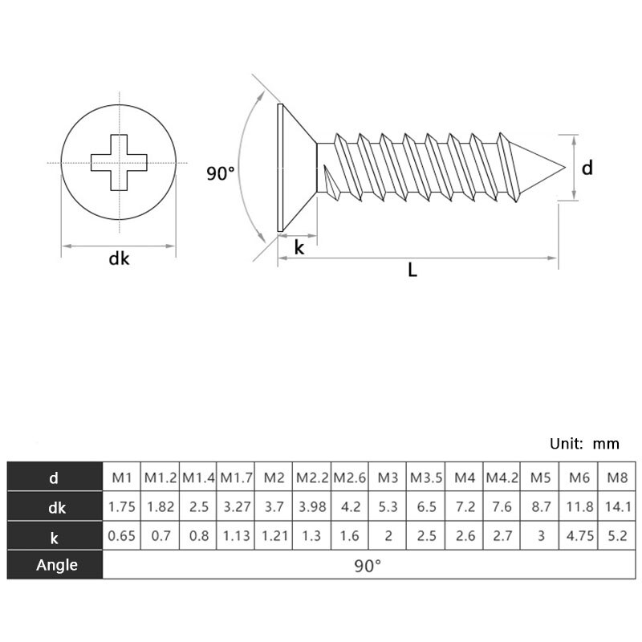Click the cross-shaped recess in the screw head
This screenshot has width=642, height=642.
119,163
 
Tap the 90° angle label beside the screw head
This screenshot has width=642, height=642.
221,173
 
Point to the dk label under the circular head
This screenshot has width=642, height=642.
119,258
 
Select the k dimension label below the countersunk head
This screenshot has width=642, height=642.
299,248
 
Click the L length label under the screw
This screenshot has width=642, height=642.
412,270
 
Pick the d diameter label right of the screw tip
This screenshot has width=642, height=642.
587,168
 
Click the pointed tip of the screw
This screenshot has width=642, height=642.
565,167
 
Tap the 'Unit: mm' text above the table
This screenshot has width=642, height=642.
584,444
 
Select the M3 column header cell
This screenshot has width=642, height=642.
388,477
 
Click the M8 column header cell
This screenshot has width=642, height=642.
617,477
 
